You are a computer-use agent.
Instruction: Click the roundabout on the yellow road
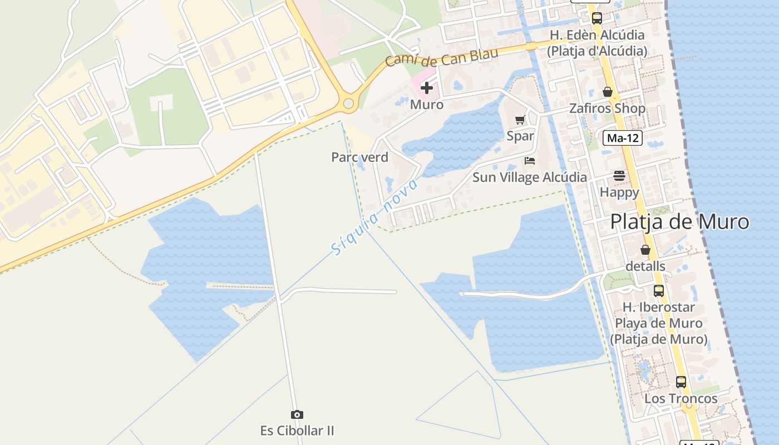click(x=349, y=103)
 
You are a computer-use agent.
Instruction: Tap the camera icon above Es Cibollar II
click(x=297, y=415)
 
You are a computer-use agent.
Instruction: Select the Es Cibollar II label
click(x=297, y=431)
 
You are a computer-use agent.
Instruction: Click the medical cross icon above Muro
click(x=427, y=88)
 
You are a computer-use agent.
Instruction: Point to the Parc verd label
click(x=359, y=157)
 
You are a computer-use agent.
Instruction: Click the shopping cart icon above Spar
click(x=520, y=120)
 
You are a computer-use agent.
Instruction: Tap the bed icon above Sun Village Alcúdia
click(x=530, y=161)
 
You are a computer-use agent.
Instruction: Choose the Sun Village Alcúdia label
click(x=530, y=177)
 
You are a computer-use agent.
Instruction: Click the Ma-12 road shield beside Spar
click(x=623, y=138)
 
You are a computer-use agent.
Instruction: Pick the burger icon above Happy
click(x=619, y=176)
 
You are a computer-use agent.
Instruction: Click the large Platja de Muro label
click(x=679, y=222)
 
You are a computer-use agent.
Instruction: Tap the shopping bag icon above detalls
click(x=645, y=250)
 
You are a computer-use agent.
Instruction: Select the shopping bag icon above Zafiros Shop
click(x=608, y=92)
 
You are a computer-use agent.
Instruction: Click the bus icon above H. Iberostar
click(x=659, y=291)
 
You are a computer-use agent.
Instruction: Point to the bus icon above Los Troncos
click(x=681, y=382)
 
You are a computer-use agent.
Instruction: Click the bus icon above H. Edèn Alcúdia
click(x=597, y=18)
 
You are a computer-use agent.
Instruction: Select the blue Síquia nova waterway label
click(x=374, y=217)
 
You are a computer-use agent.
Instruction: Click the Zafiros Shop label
click(x=607, y=108)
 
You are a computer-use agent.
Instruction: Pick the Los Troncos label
click(x=681, y=399)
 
